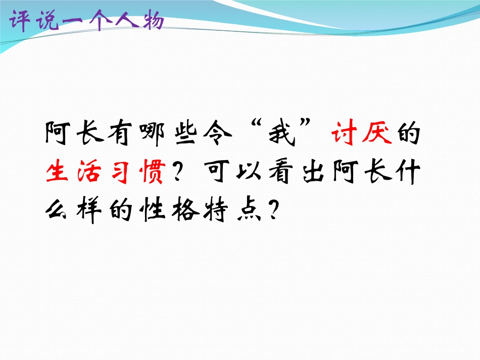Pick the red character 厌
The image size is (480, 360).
pos(377,135)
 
